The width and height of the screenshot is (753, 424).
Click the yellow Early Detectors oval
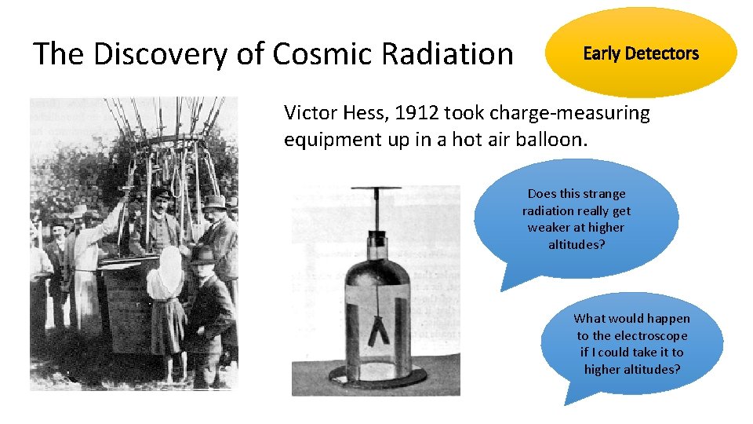click(641, 53)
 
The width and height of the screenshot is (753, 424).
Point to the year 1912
click(417, 113)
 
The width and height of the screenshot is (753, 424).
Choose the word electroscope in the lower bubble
click(650, 335)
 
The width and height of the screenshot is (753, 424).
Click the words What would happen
click(631, 318)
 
